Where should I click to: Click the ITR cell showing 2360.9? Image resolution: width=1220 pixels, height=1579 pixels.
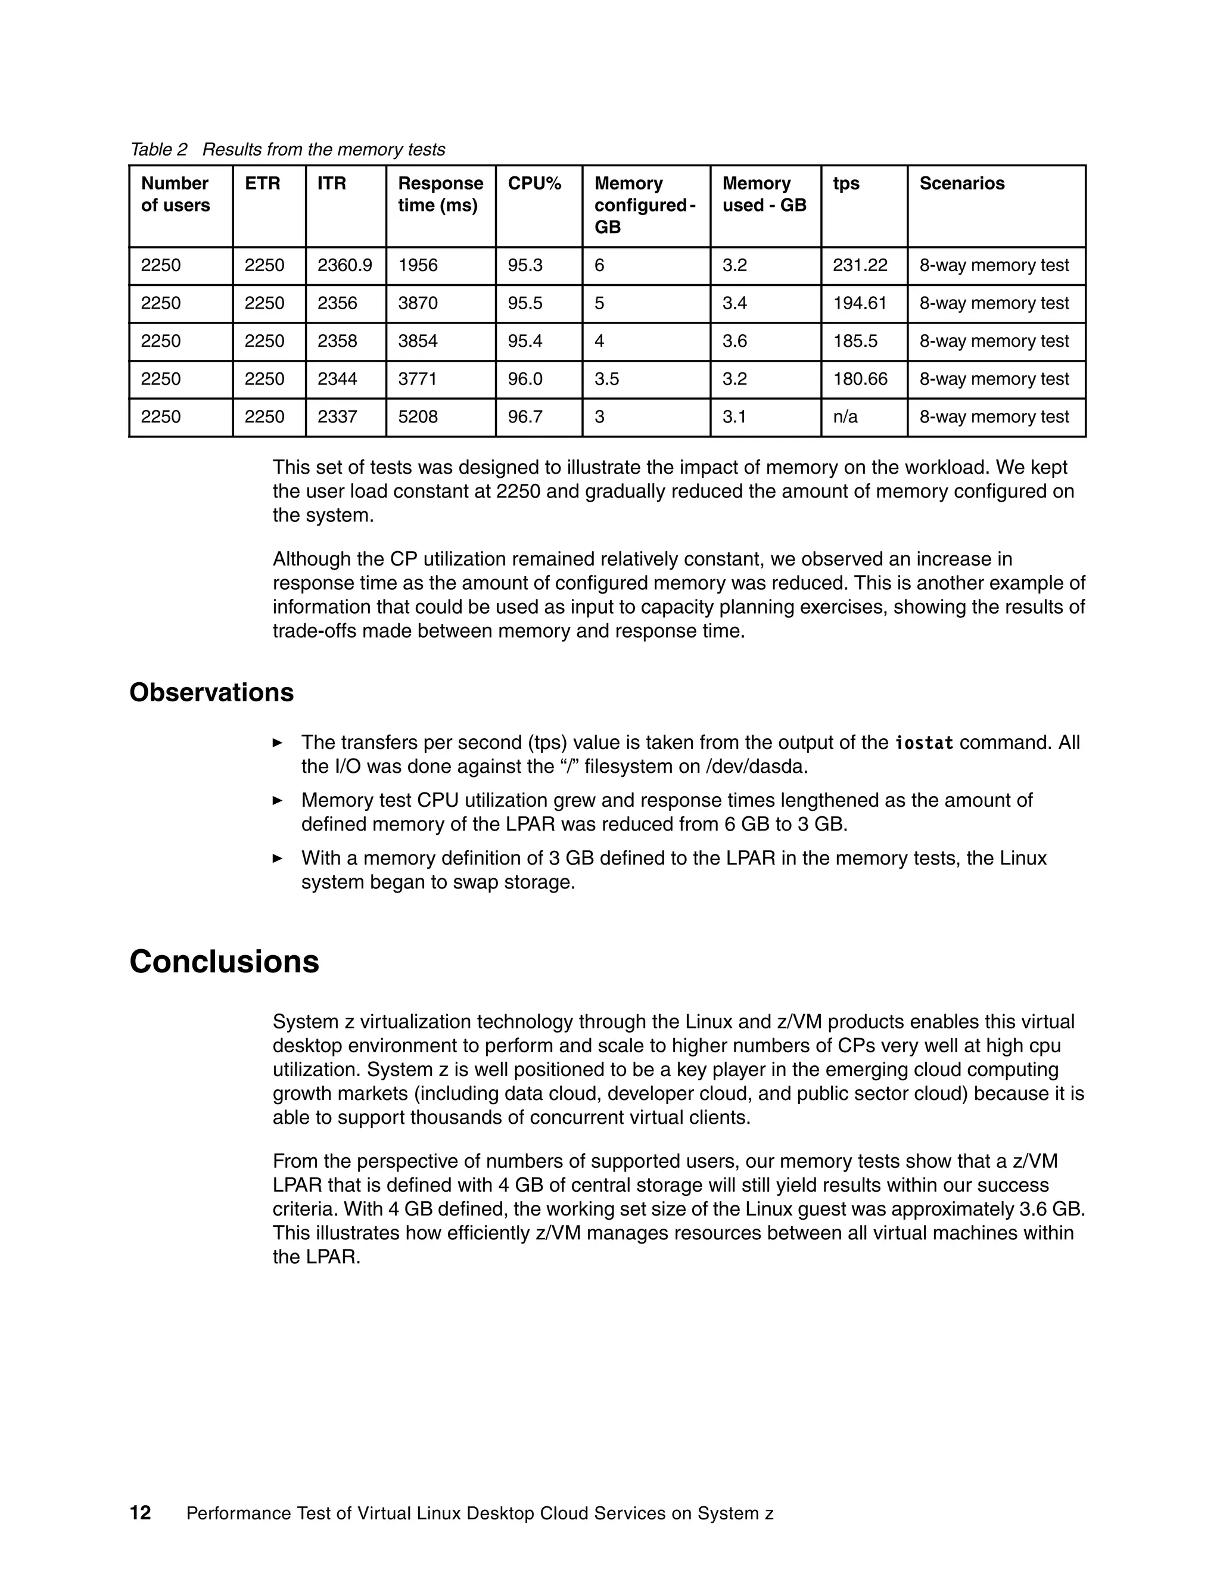coord(345,265)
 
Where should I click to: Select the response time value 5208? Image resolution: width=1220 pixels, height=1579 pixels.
coord(418,417)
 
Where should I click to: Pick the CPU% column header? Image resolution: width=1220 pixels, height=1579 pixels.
coord(534,184)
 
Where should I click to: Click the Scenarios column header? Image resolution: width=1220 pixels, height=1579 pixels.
coord(961,184)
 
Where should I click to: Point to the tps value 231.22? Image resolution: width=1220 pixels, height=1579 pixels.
coord(860,265)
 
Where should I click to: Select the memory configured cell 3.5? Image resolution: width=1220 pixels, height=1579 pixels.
coord(606,379)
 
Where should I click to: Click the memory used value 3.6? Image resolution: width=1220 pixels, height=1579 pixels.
coord(735,341)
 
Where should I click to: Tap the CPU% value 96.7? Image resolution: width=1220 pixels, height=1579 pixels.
coord(525,417)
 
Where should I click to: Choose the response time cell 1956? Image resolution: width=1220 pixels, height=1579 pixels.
coord(418,265)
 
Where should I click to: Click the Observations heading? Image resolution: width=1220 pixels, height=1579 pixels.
coord(211,692)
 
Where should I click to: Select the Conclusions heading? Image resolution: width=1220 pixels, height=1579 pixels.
coord(224,962)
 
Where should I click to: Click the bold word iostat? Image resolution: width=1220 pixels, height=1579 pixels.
coord(924,742)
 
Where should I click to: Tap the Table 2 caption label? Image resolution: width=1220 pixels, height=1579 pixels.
coord(158,150)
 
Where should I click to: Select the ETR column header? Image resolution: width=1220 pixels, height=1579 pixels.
coord(262,184)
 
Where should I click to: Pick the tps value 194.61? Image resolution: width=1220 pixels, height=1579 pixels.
coord(860,303)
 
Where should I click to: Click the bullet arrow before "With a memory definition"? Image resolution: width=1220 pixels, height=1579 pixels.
coord(277,858)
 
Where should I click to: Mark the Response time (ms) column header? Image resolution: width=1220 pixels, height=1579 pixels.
coord(440,194)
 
